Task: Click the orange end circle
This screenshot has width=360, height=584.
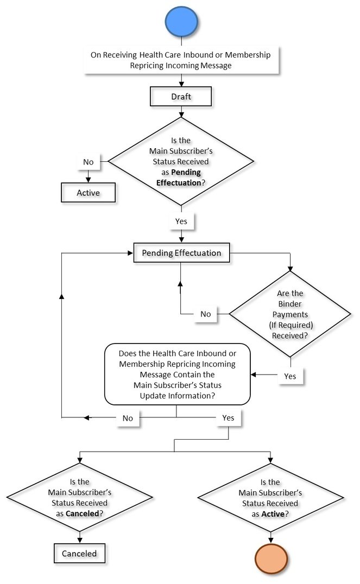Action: [x=270, y=560]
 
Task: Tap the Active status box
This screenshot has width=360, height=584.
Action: [x=88, y=192]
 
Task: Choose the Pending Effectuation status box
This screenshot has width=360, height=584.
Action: [x=181, y=253]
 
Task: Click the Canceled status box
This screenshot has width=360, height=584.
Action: [x=79, y=554]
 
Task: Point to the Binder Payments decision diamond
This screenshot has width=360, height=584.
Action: [x=290, y=314]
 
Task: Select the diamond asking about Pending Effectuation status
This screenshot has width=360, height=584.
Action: [x=181, y=161]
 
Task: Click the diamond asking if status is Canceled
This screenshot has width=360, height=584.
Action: [x=80, y=497]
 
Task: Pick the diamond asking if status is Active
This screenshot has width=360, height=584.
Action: [x=270, y=497]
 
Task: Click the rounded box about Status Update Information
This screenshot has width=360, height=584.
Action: [x=177, y=374]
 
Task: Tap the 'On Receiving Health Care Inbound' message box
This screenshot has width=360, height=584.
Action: [x=181, y=60]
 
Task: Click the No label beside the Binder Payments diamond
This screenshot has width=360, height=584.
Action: [x=206, y=314]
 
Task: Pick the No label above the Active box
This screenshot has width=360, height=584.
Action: [x=88, y=162]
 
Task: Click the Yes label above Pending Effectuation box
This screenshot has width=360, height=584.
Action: [x=181, y=221]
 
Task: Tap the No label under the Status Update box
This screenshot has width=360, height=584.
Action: [x=128, y=418]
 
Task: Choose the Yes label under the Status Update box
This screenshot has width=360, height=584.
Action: [x=228, y=418]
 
